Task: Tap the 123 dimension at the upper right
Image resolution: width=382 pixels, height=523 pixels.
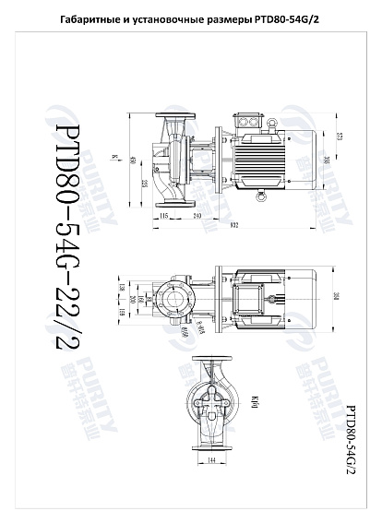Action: [x=340, y=137]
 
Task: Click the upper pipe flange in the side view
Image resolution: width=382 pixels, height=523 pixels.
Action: [x=173, y=118]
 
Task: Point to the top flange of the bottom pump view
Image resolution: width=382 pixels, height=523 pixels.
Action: [x=210, y=362]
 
